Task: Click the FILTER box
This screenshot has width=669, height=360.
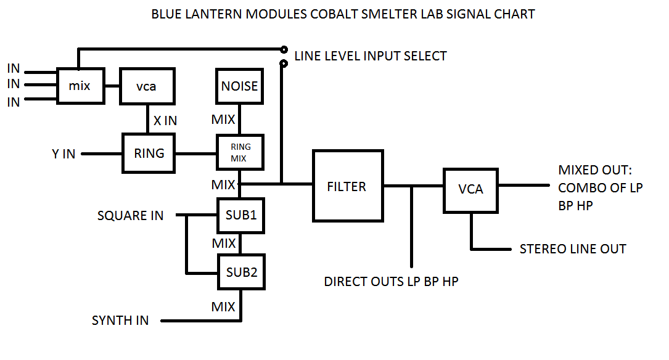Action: [347, 186]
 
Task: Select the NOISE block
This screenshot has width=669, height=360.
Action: [240, 86]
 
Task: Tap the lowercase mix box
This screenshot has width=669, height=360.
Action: [80, 86]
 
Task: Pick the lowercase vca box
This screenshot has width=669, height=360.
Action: [146, 86]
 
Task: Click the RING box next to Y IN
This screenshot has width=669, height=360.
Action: [149, 152]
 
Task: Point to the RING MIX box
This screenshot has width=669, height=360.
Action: [240, 152]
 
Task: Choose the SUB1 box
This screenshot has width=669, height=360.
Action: [240, 215]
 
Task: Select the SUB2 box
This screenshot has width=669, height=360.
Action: [240, 272]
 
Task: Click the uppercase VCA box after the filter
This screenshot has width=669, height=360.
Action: [471, 189]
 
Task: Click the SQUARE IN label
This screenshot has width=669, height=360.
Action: [131, 215]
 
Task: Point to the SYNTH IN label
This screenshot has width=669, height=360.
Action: [120, 321]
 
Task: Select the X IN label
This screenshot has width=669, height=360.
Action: [165, 121]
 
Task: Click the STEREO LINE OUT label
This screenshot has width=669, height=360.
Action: [573, 249]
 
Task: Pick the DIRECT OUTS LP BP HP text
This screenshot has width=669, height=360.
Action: [392, 282]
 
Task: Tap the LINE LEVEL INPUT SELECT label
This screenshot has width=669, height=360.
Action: [371, 56]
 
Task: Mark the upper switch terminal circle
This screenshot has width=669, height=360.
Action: [284, 49]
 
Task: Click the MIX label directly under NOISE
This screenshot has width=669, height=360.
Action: [223, 119]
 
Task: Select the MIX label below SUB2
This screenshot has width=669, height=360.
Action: [223, 306]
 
